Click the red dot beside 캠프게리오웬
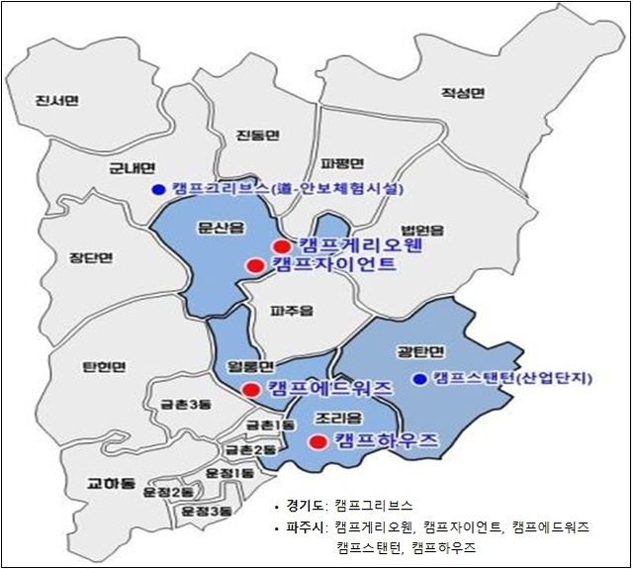[282, 246]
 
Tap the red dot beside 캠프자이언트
[255, 265]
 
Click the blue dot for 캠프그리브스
[156, 190]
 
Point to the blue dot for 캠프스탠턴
[420, 379]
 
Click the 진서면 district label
[56, 101]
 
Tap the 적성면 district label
[463, 94]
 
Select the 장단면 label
[91, 258]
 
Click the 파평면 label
[345, 163]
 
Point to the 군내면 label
[132, 168]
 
